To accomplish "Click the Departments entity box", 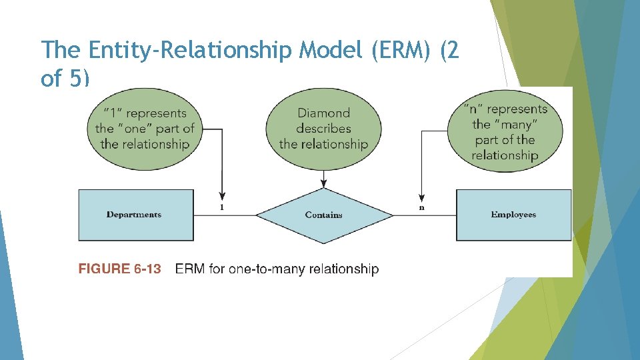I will (x=136, y=215).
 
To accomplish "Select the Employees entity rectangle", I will (x=513, y=215).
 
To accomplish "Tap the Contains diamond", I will (x=324, y=215).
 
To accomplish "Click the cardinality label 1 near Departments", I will (x=222, y=207).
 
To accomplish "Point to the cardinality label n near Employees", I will (x=421, y=207).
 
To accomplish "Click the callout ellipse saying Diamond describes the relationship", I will (x=324, y=128).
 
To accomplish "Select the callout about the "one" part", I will (x=145, y=128).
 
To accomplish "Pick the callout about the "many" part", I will (x=505, y=132).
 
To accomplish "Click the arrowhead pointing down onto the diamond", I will (x=324, y=184).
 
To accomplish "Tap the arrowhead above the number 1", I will (x=222, y=197).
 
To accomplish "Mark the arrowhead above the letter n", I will (x=421, y=197).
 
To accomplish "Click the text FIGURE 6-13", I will (x=120, y=269).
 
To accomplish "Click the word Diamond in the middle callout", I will (x=324, y=113).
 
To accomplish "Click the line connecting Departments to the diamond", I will (x=225, y=215).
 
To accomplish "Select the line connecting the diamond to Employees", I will (x=425, y=215).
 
